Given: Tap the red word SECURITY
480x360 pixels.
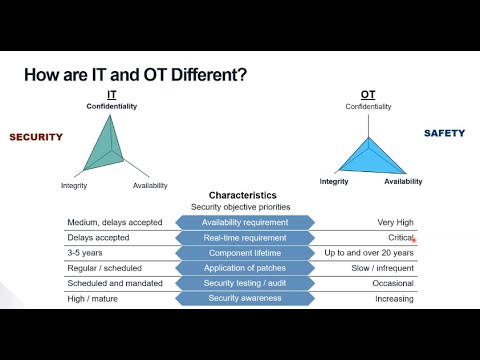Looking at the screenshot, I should [x=36, y=137].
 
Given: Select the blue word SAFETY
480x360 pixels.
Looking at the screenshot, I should [x=444, y=133].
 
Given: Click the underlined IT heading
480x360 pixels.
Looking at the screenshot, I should [x=111, y=94].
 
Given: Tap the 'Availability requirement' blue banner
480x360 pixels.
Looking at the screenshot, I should [x=245, y=222].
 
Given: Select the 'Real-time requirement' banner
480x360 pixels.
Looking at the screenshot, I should [x=245, y=238].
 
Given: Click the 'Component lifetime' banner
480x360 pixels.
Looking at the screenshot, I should [x=245, y=253].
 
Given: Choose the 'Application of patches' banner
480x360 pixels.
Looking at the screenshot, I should [x=245, y=268].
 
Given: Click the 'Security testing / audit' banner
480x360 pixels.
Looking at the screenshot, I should [x=245, y=283].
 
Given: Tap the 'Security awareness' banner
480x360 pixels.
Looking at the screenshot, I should [x=245, y=298].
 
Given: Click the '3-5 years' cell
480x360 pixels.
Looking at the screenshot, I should [x=86, y=253].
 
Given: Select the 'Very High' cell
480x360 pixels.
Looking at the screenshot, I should [x=393, y=222].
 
